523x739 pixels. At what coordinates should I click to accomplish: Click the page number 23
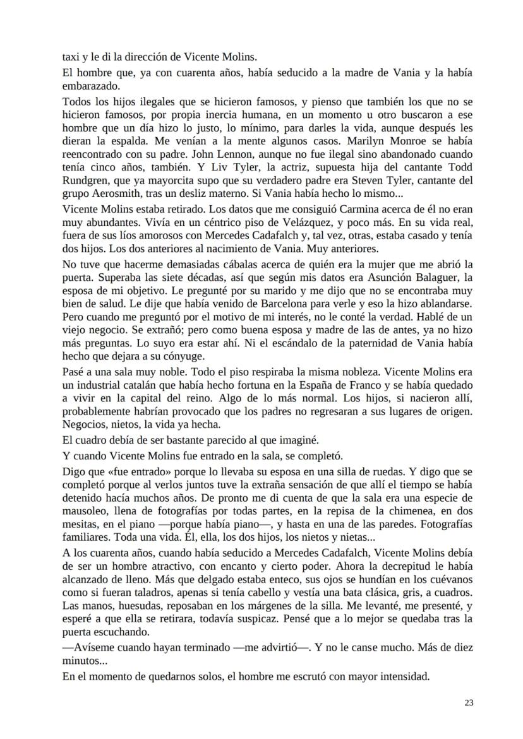(x=469, y=702)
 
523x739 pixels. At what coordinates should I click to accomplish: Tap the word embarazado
(x=90, y=85)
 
